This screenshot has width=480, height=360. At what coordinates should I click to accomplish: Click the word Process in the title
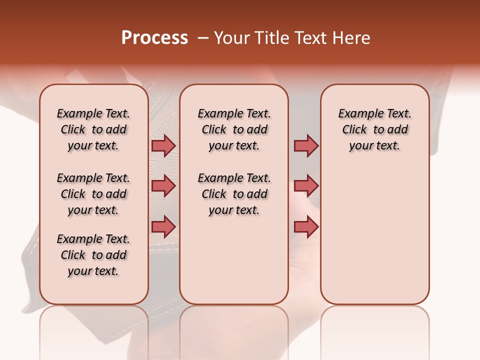(154, 38)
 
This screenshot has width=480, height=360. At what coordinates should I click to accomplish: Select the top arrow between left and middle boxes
(163, 145)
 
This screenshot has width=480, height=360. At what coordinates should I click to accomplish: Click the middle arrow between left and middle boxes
(163, 186)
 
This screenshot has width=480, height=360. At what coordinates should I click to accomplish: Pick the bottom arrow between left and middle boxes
(163, 226)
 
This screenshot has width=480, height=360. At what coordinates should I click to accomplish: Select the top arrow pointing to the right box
(306, 145)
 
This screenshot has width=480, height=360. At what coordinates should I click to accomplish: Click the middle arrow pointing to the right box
(306, 186)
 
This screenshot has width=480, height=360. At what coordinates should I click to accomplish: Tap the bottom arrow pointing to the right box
(306, 226)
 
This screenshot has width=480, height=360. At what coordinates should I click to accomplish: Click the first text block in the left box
(93, 129)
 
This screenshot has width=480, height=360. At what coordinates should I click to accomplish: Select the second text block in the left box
(93, 194)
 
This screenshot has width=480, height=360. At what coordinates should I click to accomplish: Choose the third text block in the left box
(93, 255)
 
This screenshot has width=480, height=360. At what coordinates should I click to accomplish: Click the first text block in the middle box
(234, 129)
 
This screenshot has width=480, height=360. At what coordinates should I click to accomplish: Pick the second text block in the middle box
(234, 194)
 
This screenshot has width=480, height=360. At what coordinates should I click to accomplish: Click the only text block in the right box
(374, 129)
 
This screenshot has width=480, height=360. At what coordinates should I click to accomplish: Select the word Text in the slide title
(309, 38)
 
